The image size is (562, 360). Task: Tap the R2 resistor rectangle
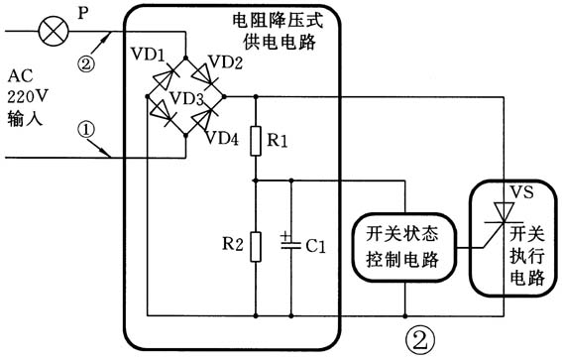point(256,244)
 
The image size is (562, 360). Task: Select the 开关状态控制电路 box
point(405,246)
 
